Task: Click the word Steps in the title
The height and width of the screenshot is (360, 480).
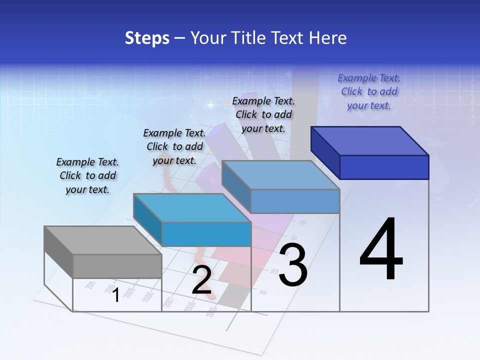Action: tap(147, 38)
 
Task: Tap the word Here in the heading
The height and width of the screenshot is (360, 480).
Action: tap(328, 38)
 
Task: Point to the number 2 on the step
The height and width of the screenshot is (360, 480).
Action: tap(201, 280)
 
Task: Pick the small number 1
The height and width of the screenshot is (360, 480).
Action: tap(115, 295)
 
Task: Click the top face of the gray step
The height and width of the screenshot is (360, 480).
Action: tap(102, 240)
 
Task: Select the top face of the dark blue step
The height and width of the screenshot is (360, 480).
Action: tap(370, 140)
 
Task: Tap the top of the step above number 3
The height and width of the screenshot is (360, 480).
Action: tap(280, 175)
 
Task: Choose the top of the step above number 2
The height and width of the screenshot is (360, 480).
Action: tap(192, 208)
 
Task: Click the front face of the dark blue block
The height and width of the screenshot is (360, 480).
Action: tap(384, 167)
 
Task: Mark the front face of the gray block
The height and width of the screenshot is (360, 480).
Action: tap(117, 266)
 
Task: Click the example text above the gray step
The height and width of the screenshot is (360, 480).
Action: tap(87, 176)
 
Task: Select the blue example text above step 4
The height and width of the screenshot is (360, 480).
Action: tap(369, 92)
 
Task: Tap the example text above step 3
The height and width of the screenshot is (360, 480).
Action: tap(263, 114)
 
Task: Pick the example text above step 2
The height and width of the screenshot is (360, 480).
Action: tap(174, 146)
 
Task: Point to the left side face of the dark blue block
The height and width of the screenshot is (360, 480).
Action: tap(325, 152)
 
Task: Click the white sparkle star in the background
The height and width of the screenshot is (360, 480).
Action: tap(210, 105)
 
